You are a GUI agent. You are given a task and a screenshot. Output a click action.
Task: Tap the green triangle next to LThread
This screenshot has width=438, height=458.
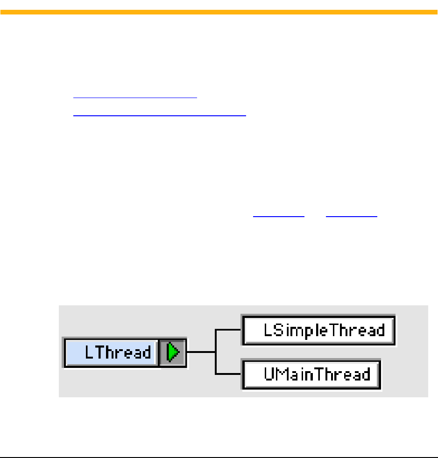click(173, 352)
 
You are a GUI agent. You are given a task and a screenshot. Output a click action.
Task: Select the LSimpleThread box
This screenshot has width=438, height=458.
click(319, 330)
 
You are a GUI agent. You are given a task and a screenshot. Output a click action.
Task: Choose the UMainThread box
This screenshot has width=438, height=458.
click(311, 374)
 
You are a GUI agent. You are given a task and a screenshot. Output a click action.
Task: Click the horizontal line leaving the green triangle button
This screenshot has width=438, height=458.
click(201, 352)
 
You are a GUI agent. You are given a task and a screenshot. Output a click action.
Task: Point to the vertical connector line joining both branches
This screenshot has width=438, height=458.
click(216, 352)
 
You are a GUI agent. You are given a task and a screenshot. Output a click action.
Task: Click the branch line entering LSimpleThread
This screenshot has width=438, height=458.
click(229, 330)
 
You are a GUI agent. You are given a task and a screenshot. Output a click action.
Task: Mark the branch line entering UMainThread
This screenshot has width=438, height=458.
click(229, 374)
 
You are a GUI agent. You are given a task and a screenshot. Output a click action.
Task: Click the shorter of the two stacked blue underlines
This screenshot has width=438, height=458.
click(135, 98)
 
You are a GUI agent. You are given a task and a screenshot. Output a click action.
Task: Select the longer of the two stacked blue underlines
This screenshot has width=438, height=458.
click(159, 113)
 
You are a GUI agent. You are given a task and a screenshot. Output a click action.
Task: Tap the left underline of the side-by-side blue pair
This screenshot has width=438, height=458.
click(278, 217)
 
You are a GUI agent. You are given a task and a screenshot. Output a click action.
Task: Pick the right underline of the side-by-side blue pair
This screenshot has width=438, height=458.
click(351, 217)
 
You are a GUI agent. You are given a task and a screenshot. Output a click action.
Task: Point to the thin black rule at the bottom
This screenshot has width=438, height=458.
click(219, 457)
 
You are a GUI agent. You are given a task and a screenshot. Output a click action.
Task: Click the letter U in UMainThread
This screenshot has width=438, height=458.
click(270, 374)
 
